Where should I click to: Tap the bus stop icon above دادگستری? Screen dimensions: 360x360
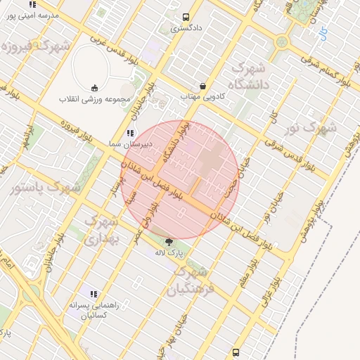pyautogui.click(x=186, y=18)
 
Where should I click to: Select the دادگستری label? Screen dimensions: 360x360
pyautogui.click(x=186, y=29)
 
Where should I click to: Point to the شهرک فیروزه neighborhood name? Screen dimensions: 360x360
pyautogui.click(x=28, y=48)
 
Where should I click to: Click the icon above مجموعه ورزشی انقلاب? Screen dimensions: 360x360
pyautogui.click(x=94, y=88)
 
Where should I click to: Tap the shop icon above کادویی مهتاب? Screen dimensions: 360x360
pyautogui.click(x=202, y=86)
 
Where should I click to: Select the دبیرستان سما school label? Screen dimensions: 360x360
pyautogui.click(x=123, y=143)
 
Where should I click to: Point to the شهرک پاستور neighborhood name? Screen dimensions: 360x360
pyautogui.click(x=46, y=187)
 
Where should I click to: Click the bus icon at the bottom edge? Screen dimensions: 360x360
pyautogui.click(x=236, y=352)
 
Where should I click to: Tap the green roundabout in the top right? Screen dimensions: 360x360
pyautogui.click(x=283, y=41)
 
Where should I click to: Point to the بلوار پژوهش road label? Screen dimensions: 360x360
pyautogui.click(x=314, y=219)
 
